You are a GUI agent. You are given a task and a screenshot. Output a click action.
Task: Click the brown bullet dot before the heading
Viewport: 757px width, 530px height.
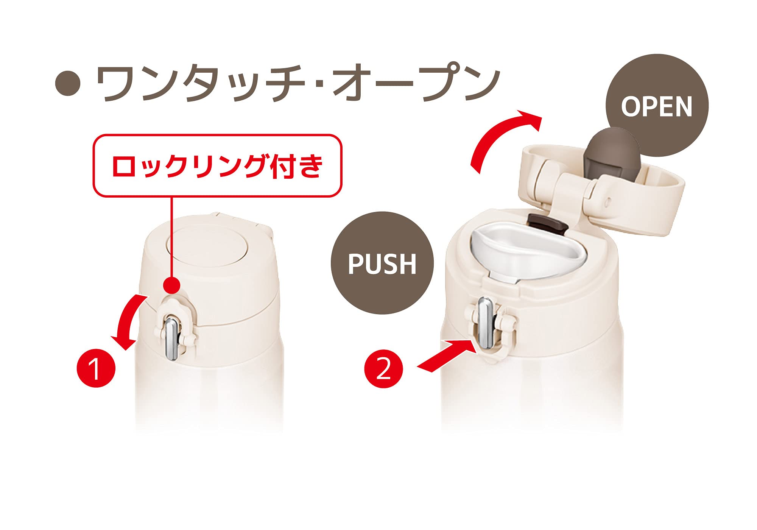pyautogui.click(x=68, y=83)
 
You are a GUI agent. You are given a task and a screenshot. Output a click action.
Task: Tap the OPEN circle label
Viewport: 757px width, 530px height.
pyautogui.click(x=657, y=106)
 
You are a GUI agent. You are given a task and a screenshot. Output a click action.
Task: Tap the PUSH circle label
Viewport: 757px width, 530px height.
pyautogui.click(x=382, y=263)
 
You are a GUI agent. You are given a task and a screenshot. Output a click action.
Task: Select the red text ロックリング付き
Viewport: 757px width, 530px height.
pyautogui.click(x=218, y=166)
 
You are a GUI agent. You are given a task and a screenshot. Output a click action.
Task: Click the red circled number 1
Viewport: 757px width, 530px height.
pyautogui.click(x=96, y=368)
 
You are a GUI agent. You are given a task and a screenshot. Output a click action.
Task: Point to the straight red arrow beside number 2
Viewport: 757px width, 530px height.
pyautogui.click(x=447, y=354)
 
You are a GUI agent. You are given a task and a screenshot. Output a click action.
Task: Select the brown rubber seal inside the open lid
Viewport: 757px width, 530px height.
pyautogui.click(x=609, y=150)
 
